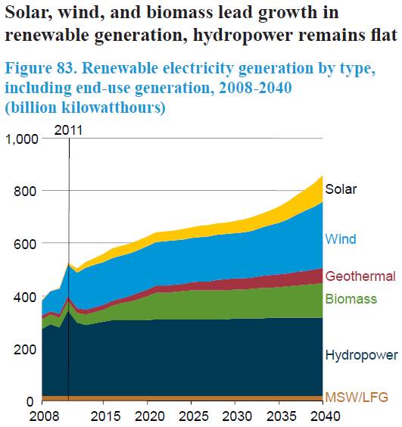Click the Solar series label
click(341, 189)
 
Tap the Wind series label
click(341, 238)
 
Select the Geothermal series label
click(360, 276)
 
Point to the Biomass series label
click(351, 299)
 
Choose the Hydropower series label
click(361, 355)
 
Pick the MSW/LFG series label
click(357, 397)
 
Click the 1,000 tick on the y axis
click(22, 139)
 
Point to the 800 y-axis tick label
click(25, 192)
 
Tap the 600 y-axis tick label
click(25, 244)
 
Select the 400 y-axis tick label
click(25, 297)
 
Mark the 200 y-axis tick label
click(25, 349)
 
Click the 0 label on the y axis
click(30, 402)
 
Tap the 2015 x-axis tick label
click(105, 416)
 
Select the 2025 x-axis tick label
click(193, 416)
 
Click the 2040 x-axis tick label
click(326, 416)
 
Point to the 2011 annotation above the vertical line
click(68, 130)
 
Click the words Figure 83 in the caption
click(41, 67)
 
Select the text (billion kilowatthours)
click(86, 108)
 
